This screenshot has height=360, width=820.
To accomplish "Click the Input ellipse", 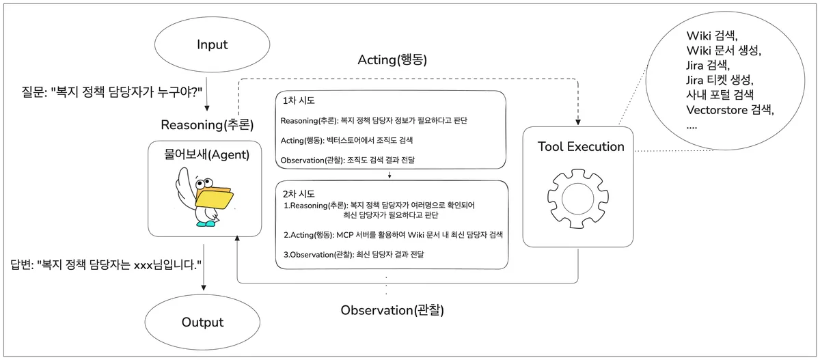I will tap(212, 45).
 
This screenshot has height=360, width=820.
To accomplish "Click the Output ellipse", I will tap(202, 322).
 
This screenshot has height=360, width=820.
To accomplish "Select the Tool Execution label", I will tap(581, 146).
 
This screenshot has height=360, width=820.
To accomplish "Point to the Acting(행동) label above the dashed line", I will tap(392, 59).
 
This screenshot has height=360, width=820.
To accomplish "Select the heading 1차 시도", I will tap(299, 101).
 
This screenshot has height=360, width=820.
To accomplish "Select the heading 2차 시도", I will tap(299, 193).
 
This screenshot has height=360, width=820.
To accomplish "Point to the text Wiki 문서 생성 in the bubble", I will tap(723, 51).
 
